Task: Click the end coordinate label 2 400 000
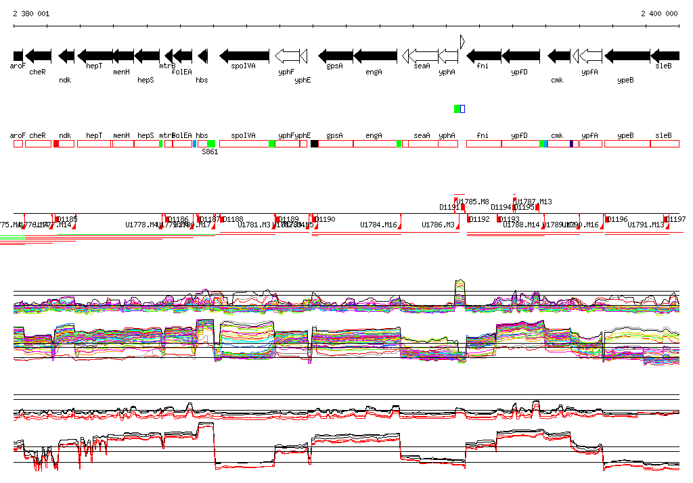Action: tap(658, 14)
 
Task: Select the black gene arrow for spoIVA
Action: tap(244, 55)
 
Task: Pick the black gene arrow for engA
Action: tap(375, 55)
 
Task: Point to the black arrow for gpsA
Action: tap(335, 55)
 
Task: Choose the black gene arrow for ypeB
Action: tap(627, 55)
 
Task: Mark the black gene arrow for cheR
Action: tap(38, 55)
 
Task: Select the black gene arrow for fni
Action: tap(484, 55)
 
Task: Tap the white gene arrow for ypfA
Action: tap(591, 55)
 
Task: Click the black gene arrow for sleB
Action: tap(665, 55)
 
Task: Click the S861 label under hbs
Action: tap(209, 152)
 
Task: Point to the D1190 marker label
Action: tap(326, 219)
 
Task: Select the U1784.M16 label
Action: tap(378, 225)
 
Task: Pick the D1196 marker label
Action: tap(618, 219)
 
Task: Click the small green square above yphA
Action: tap(457, 109)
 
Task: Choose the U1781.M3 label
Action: tap(254, 225)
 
